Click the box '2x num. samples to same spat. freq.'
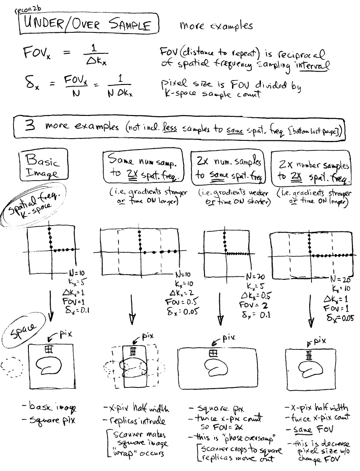click(x=229, y=169)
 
